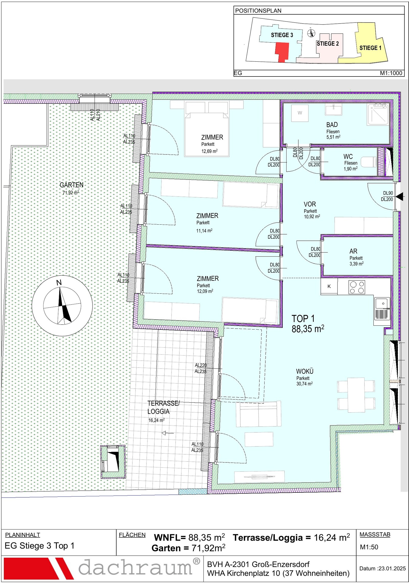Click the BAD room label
pyautogui.click(x=332, y=125)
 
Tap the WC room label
pyautogui.click(x=348, y=157)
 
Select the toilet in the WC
pyautogui.click(x=368, y=162)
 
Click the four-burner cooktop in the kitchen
pyautogui.click(x=357, y=287)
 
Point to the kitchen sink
pyautogui.click(x=382, y=309)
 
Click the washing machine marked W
pyautogui.click(x=300, y=113)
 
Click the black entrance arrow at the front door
pyautogui.click(x=399, y=196)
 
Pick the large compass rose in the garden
pyautogui.click(x=62, y=306)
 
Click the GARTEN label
pyautogui.click(x=71, y=185)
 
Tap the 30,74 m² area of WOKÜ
pyautogui.click(x=304, y=384)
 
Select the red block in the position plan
pyautogui.click(x=282, y=52)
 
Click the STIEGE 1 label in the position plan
pyautogui.click(x=370, y=48)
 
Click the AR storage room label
pyautogui.click(x=353, y=251)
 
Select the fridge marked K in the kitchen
pyautogui.click(x=329, y=286)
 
